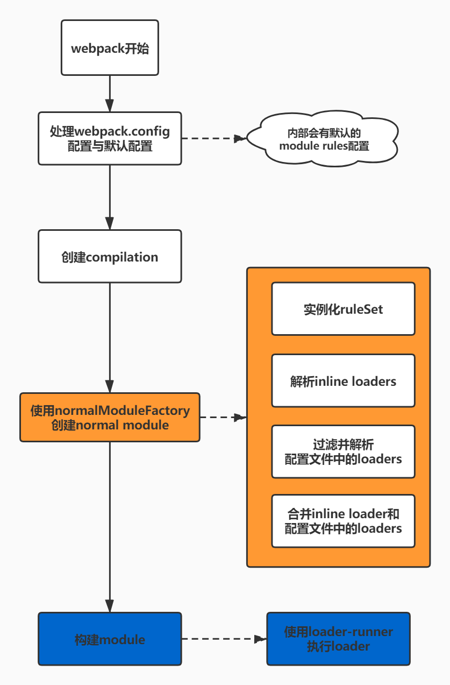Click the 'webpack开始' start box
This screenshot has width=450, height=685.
pos(110,48)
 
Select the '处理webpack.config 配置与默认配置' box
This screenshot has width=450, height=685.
pos(110,138)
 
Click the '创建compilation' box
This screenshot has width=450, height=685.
pos(110,257)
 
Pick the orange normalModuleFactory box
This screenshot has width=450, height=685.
pos(110,418)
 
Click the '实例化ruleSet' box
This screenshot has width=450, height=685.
pos(343,309)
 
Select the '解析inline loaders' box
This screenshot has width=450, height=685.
pos(343,381)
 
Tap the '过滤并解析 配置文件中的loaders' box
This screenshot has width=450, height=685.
pos(343,452)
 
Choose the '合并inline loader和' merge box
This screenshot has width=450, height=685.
pos(343,521)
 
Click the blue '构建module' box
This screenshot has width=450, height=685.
pos(110,639)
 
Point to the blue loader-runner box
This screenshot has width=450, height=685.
pos(338,639)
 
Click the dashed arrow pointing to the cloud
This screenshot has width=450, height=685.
pos(213,138)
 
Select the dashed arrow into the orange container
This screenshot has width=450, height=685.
pos(223,417)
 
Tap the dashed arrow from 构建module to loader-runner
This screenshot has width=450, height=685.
pos(224,639)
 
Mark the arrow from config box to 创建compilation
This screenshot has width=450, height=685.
pos(110,196)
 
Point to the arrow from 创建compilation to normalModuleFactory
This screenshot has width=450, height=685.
pos(110,337)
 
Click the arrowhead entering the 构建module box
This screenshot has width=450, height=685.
pos(110,606)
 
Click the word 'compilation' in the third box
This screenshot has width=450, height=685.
pos(122,257)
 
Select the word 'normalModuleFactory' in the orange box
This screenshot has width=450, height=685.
pos(123,411)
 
